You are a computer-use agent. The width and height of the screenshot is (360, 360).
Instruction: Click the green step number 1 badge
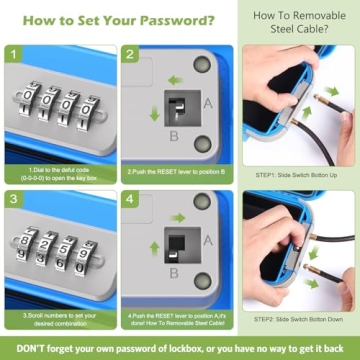13,55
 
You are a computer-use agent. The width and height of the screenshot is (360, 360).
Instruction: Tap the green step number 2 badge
130,55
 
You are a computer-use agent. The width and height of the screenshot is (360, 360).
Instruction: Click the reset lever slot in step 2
175,103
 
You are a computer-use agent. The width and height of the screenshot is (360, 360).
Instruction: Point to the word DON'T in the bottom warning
23,348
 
